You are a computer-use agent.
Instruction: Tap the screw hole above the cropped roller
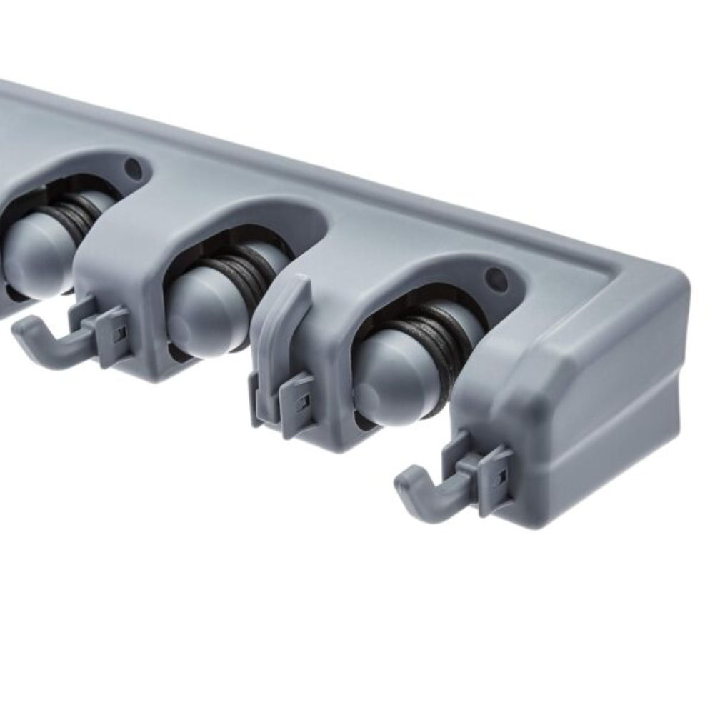pyautogui.click(x=133, y=169)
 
